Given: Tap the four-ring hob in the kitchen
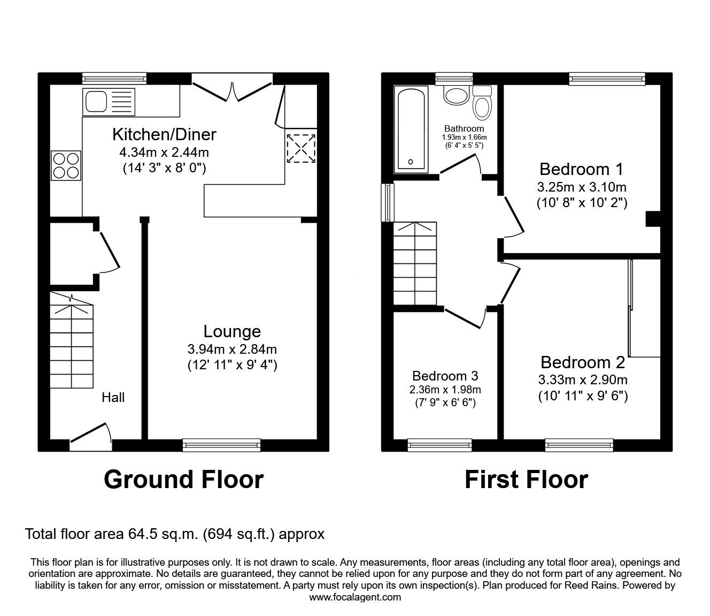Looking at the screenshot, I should click(x=66, y=165).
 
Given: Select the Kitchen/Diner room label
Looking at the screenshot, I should click(x=164, y=134).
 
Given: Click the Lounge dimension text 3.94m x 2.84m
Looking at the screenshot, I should click(x=232, y=349).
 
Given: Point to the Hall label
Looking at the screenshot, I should click(x=113, y=397).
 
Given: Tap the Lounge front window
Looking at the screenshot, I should click(x=221, y=444).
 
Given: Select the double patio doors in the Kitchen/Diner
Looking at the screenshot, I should click(x=233, y=88).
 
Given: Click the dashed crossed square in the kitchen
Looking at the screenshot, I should click(x=301, y=148).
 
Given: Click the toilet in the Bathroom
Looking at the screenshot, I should click(x=482, y=104).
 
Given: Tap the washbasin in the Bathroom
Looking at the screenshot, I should click(x=456, y=96).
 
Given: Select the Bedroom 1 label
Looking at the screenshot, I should click(x=581, y=169).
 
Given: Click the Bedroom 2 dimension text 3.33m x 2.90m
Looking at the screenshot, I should click(x=583, y=381).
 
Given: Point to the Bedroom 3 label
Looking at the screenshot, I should click(x=445, y=376).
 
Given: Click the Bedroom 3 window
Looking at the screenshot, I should click(x=439, y=444).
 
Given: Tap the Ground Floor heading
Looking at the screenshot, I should click(x=183, y=479).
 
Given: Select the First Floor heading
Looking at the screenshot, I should click(x=526, y=479).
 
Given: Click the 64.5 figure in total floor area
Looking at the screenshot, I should click(x=140, y=534).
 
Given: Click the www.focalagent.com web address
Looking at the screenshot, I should click(x=355, y=597).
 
